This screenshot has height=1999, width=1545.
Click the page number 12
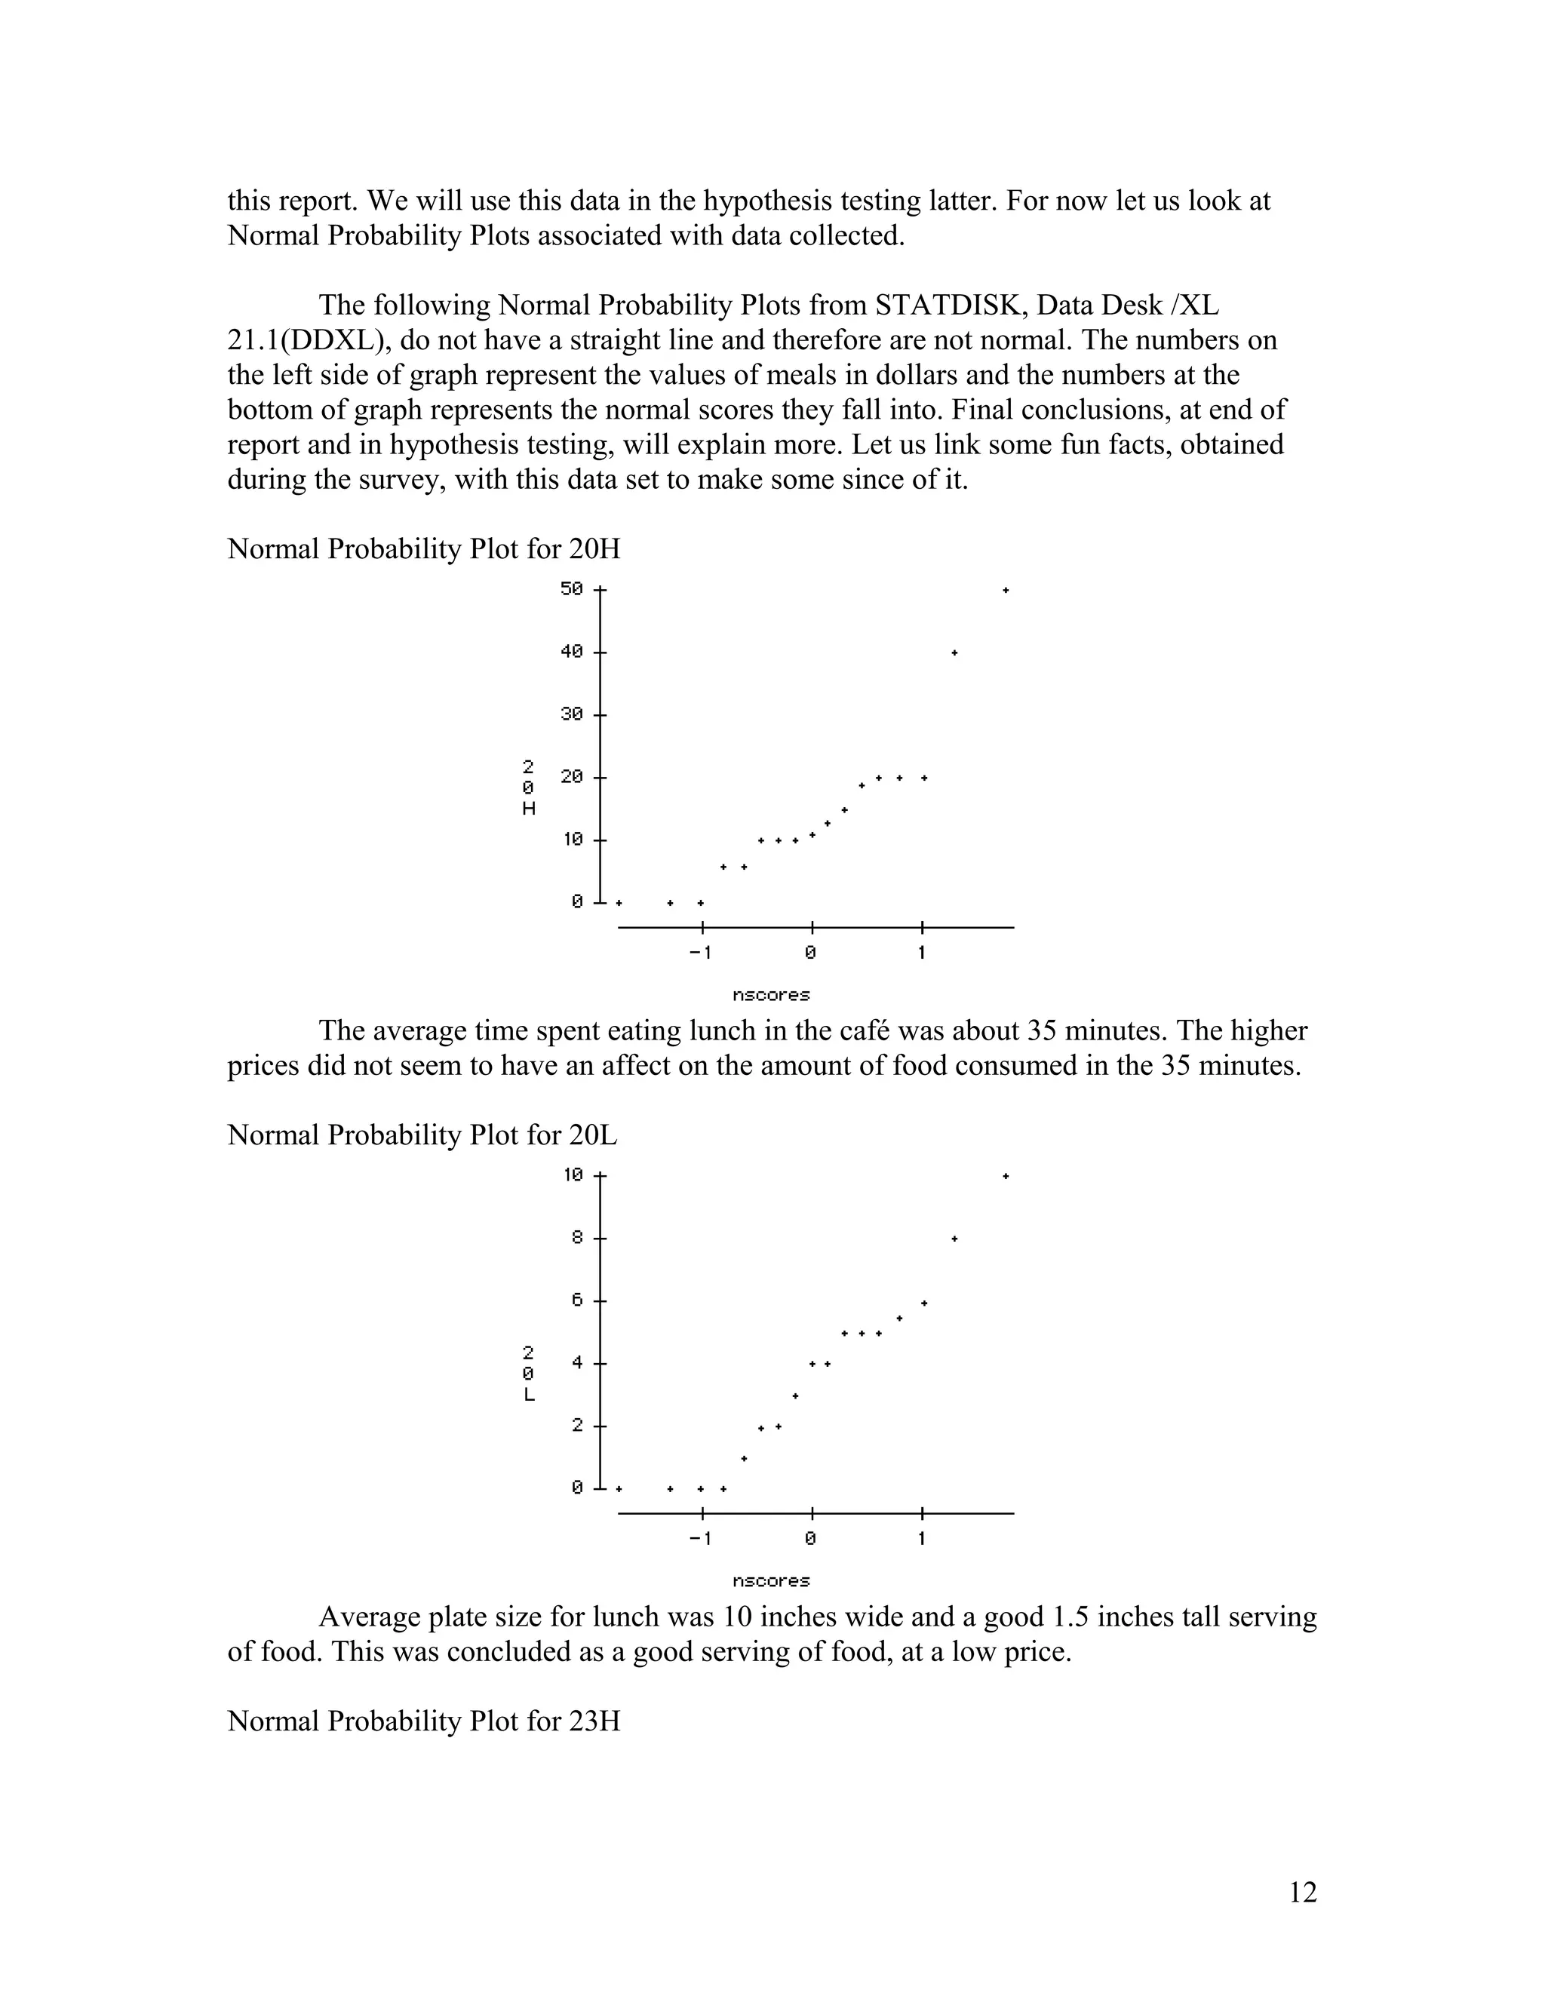[x=1302, y=1892]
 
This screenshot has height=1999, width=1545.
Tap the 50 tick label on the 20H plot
[x=571, y=588]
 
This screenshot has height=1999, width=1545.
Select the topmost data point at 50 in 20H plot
[x=1005, y=591]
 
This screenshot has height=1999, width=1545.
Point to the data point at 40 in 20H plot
[x=954, y=653]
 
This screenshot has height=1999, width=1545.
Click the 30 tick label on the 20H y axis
[x=571, y=714]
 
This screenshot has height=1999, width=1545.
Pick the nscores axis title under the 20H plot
[x=771, y=995]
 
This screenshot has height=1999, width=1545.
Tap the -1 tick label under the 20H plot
[x=699, y=953]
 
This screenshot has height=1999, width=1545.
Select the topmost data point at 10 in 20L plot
[x=1005, y=1176]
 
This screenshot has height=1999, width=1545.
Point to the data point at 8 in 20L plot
[x=954, y=1239]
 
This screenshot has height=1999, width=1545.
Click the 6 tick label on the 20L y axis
[x=576, y=1300]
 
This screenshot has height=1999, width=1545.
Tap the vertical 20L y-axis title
[x=528, y=1373]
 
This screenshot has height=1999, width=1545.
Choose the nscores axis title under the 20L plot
[x=771, y=1580]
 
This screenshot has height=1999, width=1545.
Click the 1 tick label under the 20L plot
[x=921, y=1539]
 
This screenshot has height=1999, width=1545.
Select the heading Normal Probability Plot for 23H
[x=423, y=1721]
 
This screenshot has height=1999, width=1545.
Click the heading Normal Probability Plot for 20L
[x=422, y=1135]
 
